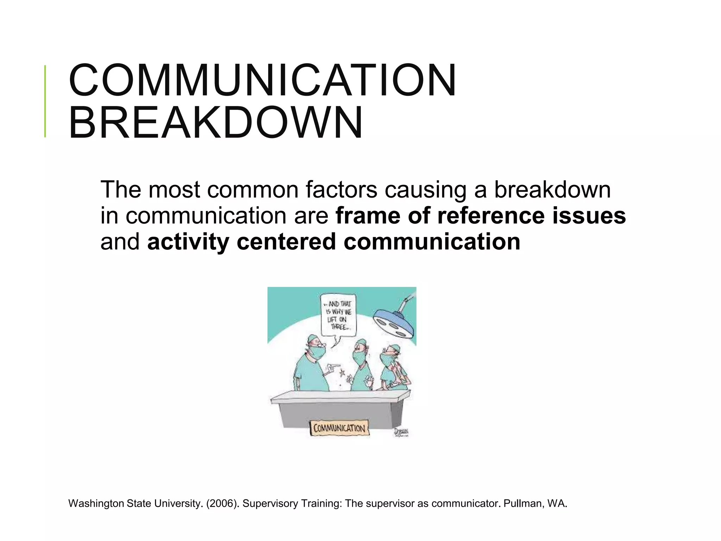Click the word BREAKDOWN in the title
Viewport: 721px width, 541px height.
point(215,123)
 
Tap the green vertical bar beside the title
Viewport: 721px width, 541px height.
point(45,101)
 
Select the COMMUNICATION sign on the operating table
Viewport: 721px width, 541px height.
point(339,428)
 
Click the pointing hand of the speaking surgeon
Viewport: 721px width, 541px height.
point(332,367)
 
